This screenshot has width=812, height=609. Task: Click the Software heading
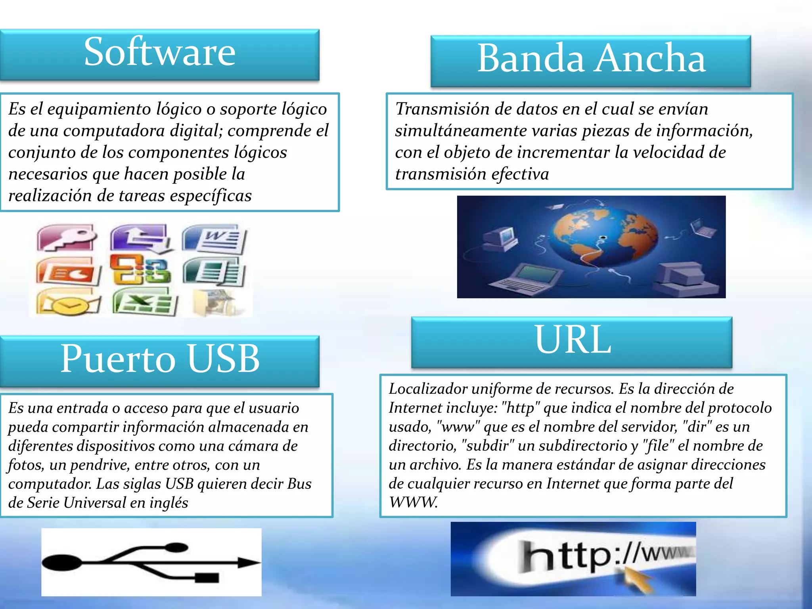click(x=160, y=52)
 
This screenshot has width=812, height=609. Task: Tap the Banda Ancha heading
click(x=591, y=59)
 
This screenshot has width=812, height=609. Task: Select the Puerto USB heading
click(x=160, y=359)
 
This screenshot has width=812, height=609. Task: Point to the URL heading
click(x=573, y=340)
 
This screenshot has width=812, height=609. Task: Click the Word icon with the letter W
click(x=215, y=239)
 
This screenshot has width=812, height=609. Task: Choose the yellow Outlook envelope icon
click(x=69, y=303)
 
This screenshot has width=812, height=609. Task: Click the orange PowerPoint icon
click(x=69, y=271)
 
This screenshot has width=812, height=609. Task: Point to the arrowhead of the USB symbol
click(x=248, y=562)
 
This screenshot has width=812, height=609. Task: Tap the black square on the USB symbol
click(x=207, y=578)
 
